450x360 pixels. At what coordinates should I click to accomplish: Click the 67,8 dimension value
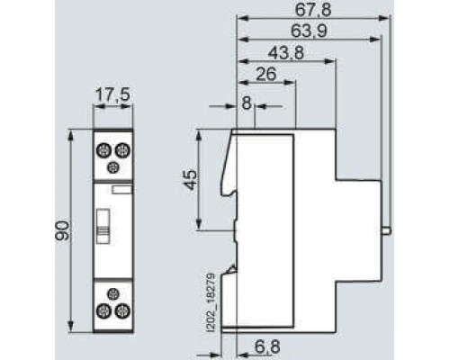point(313,9)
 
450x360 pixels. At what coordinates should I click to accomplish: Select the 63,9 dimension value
point(309,31)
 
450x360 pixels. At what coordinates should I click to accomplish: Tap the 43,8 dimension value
point(285,53)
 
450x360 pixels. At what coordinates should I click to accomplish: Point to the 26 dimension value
point(266,74)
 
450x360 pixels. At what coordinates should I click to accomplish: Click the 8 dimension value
point(247,103)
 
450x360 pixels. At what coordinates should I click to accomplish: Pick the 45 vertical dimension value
point(191,179)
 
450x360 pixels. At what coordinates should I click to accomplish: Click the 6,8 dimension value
point(268,347)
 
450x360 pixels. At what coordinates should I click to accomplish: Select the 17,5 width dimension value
point(112,95)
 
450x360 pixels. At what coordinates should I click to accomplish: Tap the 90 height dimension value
point(62,230)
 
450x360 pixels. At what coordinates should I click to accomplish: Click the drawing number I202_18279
point(211,302)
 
